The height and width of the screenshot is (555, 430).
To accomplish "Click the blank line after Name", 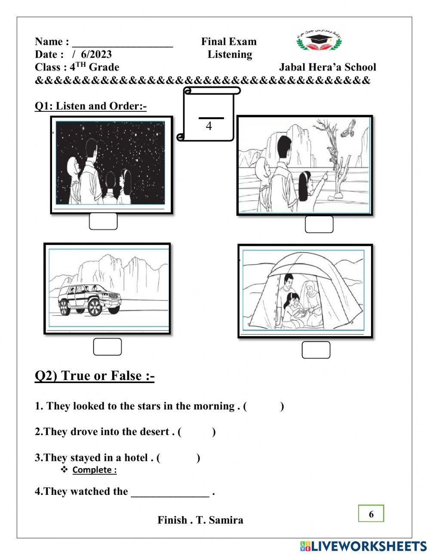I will (123, 43).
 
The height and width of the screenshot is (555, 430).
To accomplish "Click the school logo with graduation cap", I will (319, 40).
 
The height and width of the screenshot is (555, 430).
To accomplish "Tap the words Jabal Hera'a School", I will (327, 67).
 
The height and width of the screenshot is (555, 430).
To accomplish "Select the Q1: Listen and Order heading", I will (90, 106).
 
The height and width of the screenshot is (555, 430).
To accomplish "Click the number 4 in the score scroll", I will (209, 126).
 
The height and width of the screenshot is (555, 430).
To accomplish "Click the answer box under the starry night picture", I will (103, 221).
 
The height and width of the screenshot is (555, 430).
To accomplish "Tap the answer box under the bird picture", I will (319, 224).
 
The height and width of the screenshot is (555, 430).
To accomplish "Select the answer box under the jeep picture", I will (107, 347).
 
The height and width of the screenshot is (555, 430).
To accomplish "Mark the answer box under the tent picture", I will (316, 350).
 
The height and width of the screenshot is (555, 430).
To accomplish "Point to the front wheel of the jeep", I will (95, 306).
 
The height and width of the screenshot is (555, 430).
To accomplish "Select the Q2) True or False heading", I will (95, 376).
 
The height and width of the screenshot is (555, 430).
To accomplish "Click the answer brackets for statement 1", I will (264, 406).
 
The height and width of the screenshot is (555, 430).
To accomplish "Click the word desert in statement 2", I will (153, 432).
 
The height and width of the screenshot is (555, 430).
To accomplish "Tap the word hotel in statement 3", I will (136, 457).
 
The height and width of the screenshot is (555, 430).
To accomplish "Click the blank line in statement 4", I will (170, 493).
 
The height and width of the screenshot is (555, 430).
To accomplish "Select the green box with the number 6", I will (371, 514).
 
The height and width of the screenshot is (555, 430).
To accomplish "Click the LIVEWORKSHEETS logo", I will (363, 546).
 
